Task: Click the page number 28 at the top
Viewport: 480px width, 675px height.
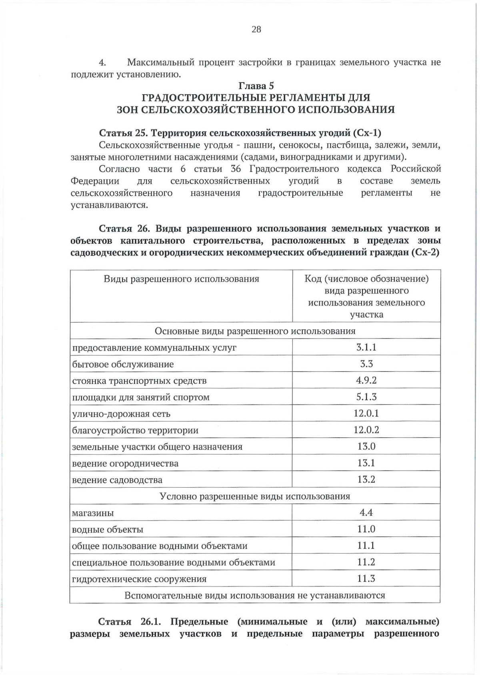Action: click(x=256, y=29)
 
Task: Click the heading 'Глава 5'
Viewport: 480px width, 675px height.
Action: click(x=256, y=86)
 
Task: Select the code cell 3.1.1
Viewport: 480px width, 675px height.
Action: click(x=366, y=347)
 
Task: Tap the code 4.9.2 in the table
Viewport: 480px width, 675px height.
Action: click(x=366, y=380)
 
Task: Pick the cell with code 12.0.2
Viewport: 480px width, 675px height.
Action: click(x=366, y=430)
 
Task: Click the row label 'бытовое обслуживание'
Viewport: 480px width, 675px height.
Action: click(x=123, y=364)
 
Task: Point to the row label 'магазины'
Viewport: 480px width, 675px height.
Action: click(x=93, y=513)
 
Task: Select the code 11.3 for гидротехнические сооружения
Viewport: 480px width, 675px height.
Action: click(x=366, y=579)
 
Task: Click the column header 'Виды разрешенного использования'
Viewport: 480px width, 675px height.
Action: click(x=181, y=279)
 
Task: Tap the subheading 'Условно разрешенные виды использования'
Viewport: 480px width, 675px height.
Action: click(x=255, y=496)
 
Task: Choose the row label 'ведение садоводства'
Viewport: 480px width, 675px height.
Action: click(x=117, y=480)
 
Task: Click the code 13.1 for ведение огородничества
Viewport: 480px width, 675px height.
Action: click(x=366, y=463)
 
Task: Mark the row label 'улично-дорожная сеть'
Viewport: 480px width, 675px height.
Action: click(x=121, y=414)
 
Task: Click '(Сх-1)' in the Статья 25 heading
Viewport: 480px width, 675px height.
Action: click(x=368, y=133)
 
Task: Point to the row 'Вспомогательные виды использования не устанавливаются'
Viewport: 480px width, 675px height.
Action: click(x=255, y=596)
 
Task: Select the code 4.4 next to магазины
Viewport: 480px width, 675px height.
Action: click(x=366, y=513)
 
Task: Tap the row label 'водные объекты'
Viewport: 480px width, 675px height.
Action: click(x=108, y=530)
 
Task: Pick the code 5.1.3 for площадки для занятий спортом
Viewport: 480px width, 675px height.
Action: click(x=366, y=397)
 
